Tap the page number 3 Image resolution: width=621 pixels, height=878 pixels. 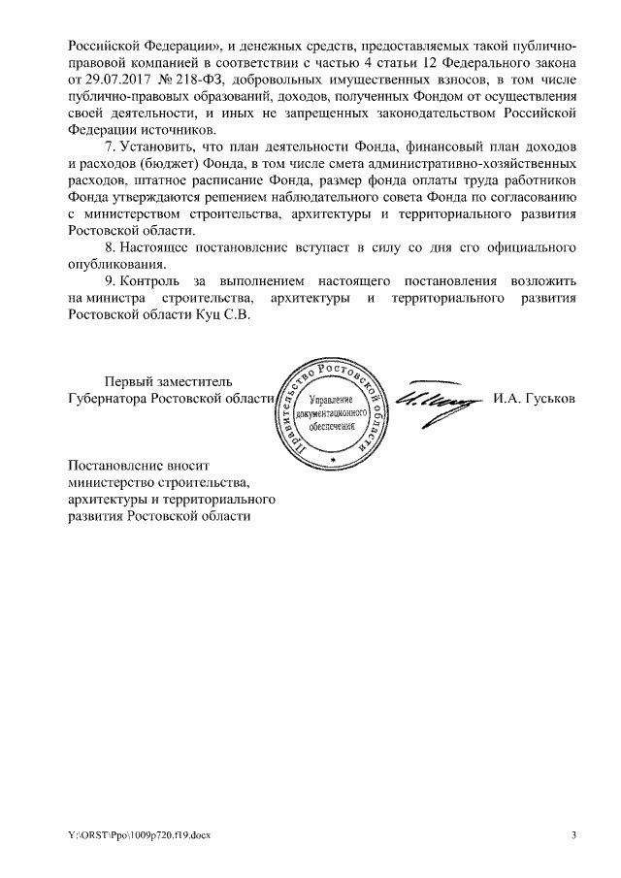573,835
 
